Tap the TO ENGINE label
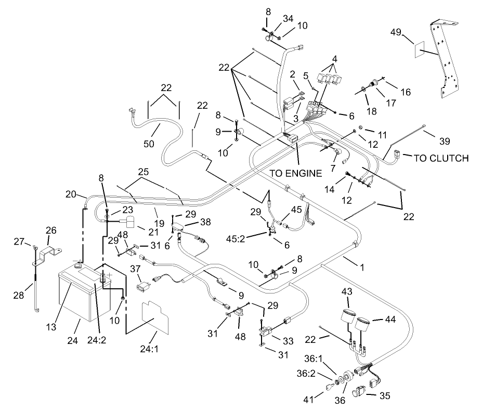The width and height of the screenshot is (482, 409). point(295,173)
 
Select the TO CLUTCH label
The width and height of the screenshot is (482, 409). point(441,158)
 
